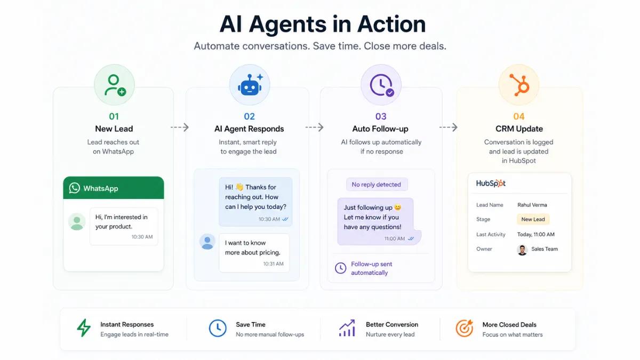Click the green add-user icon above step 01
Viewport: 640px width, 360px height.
tap(115, 85)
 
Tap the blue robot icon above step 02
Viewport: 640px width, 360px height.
tap(250, 85)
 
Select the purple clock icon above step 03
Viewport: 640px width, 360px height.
tap(382, 85)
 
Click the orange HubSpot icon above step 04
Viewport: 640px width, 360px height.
tap(519, 85)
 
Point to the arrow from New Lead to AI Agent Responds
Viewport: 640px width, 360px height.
tap(180, 127)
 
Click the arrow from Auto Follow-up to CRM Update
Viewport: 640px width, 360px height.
tap(449, 127)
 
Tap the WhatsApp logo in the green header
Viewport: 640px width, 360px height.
tap(74, 188)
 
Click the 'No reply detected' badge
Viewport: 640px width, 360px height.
tap(377, 185)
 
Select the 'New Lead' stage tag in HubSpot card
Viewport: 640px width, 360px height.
tap(533, 219)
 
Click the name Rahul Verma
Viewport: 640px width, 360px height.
tap(532, 205)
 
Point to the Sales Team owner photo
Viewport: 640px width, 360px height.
tap(522, 250)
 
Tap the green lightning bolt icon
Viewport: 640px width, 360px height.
tap(84, 327)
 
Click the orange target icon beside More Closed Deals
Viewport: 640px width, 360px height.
tap(465, 328)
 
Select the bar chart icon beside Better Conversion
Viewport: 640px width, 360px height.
tap(347, 328)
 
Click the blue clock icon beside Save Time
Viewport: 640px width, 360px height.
tap(218, 328)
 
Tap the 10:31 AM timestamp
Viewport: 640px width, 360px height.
tap(274, 263)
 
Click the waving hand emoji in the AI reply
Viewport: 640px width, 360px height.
tap(239, 187)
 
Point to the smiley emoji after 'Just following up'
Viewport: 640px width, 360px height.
tap(398, 207)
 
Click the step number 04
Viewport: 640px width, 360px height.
tap(519, 116)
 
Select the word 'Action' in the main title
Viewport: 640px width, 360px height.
tap(391, 24)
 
